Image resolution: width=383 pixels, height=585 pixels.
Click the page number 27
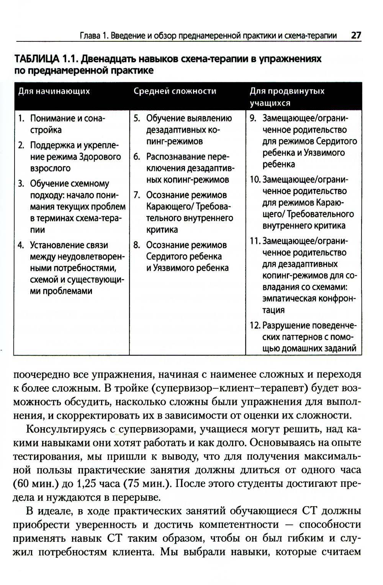pos(356,36)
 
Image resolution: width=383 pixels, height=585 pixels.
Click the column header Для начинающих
pos(54,91)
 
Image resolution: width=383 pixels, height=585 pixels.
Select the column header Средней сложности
pos(175,91)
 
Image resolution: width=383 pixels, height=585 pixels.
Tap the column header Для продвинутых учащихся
pos(287,97)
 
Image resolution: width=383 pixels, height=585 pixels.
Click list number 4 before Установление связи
pos(21,245)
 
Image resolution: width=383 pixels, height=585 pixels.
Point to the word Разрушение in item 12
pos(286,326)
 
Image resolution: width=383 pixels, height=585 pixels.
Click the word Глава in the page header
pos(90,36)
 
